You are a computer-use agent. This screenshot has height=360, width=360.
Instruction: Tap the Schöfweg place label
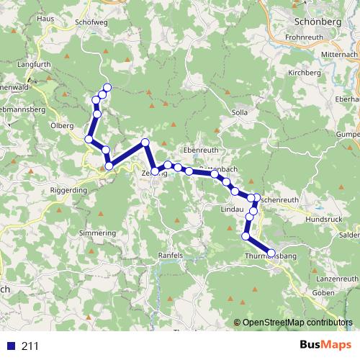point(91,22)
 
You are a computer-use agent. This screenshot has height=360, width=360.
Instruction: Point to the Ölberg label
point(62,125)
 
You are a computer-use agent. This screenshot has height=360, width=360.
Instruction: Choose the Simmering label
point(97,233)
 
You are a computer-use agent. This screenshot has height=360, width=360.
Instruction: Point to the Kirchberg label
point(302,73)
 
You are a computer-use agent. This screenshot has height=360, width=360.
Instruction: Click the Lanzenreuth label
point(336,277)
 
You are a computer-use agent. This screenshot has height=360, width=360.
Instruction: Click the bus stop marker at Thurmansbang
point(271,253)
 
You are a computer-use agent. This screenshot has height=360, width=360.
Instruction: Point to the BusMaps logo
point(322,345)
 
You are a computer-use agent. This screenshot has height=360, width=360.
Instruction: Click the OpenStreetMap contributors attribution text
point(297,323)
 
